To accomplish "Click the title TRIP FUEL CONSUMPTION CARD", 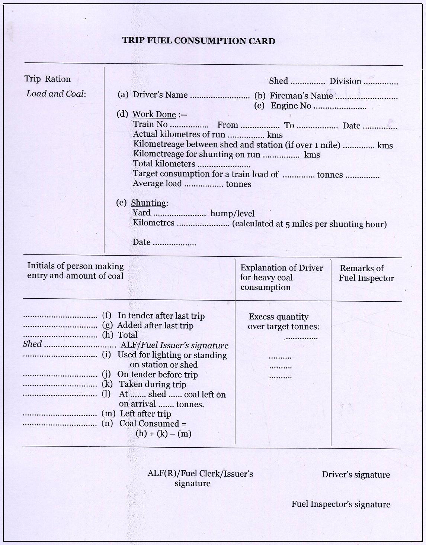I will pyautogui.click(x=199, y=41).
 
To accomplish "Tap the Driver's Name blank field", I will pyautogui.click(x=220, y=96).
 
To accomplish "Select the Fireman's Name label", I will pyautogui.click(x=301, y=96).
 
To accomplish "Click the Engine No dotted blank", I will pyautogui.click(x=340, y=107).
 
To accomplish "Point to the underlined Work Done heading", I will pyautogui.click(x=154, y=114).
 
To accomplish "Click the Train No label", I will pyautogui.click(x=150, y=124).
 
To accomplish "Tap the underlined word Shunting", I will pyautogui.click(x=148, y=203).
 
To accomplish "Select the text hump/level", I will pyautogui.click(x=233, y=213).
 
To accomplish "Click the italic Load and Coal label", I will pyautogui.click(x=56, y=94).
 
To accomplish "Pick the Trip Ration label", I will pyautogui.click(x=47, y=79).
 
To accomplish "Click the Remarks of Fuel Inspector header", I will pyautogui.click(x=366, y=273).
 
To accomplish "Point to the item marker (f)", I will pyautogui.click(x=107, y=315).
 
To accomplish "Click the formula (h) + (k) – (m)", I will pyautogui.click(x=163, y=434).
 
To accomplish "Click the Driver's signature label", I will pyautogui.click(x=356, y=474).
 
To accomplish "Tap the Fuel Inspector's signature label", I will pyautogui.click(x=341, y=504).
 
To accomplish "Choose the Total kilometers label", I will pyautogui.click(x=164, y=164).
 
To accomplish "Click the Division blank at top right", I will pyautogui.click(x=381, y=83).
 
